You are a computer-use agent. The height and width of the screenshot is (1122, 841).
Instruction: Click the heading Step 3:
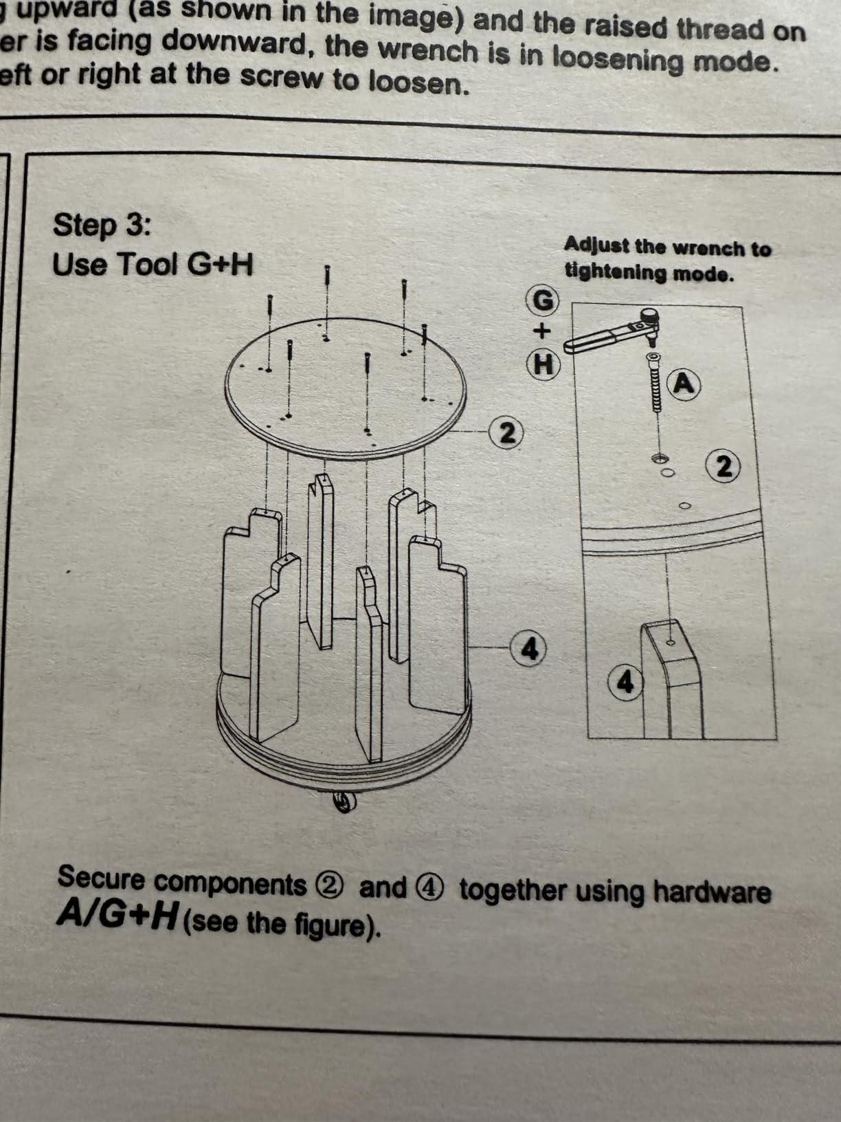[x=102, y=225]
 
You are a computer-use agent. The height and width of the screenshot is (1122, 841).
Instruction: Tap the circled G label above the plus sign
[x=543, y=301]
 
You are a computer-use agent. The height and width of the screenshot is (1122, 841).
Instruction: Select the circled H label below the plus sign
[x=543, y=365]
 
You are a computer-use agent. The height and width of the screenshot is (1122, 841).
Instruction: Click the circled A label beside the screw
[x=684, y=384]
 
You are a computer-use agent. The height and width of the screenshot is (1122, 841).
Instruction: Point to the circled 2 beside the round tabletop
[x=506, y=433]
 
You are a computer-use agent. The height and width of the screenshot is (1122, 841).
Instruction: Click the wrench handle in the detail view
[x=598, y=339]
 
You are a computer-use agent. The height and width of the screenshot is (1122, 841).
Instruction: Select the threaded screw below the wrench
[x=653, y=382]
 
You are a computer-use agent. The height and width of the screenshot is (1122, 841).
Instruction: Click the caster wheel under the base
[x=345, y=802]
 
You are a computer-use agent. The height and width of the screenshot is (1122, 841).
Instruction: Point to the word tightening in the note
[x=614, y=272]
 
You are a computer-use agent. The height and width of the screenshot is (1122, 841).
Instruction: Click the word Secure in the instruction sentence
[x=101, y=878]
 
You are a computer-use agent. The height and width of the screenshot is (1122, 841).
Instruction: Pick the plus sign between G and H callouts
[x=542, y=332]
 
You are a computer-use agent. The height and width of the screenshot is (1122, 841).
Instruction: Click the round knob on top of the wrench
[x=649, y=314]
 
